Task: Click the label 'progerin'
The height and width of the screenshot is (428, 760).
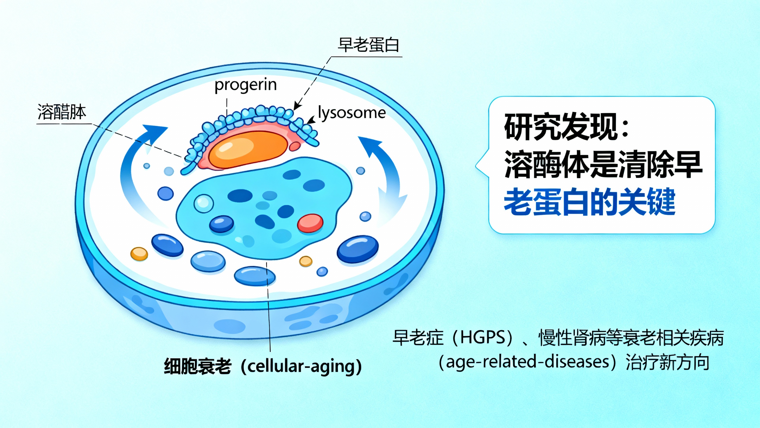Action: click(x=246, y=85)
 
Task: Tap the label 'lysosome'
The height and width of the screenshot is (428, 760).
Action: click(x=352, y=113)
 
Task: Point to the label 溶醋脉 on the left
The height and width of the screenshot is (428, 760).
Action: click(x=62, y=112)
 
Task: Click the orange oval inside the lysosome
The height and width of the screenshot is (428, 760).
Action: click(x=248, y=150)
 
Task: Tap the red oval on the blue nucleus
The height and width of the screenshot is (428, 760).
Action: click(x=310, y=223)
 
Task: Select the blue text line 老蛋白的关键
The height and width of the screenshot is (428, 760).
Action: click(x=589, y=202)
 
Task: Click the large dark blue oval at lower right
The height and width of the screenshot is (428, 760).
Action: click(x=357, y=249)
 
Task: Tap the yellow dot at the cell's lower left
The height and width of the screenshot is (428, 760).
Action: click(x=139, y=254)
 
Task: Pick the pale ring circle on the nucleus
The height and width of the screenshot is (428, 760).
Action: click(x=204, y=203)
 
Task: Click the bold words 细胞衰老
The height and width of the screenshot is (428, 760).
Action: click(x=197, y=366)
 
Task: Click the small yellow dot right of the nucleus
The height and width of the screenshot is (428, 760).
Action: click(x=306, y=262)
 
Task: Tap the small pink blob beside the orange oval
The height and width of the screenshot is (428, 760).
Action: click(x=295, y=146)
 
